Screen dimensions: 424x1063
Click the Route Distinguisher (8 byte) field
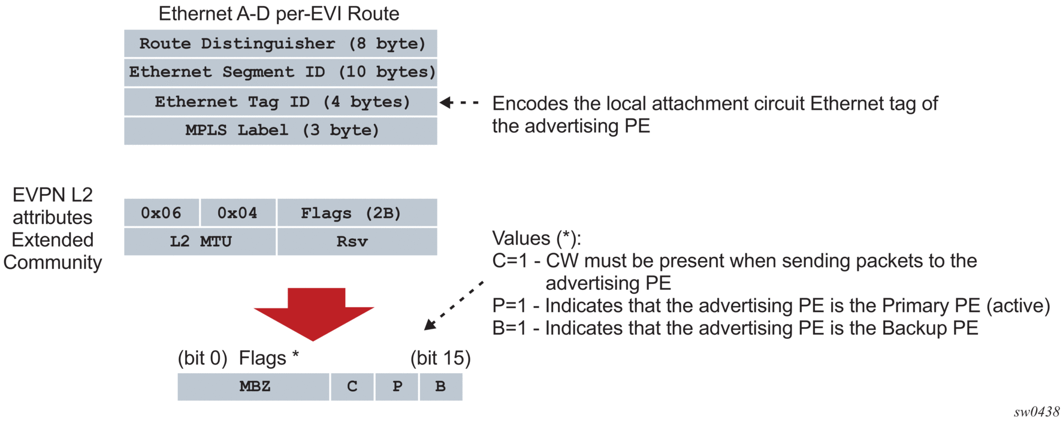[280, 44]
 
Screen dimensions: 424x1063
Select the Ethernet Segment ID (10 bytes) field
[280, 72]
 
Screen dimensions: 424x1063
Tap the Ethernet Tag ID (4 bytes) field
[280, 102]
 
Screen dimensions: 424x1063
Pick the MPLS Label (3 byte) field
[280, 131]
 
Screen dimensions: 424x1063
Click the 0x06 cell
[161, 213]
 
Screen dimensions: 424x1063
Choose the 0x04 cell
[237, 213]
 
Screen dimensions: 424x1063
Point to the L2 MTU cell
[200, 242]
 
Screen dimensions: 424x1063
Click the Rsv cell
[357, 242]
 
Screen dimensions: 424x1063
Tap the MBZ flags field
[253, 387]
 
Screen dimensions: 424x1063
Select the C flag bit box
[352, 387]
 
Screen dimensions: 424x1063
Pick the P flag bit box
[397, 387]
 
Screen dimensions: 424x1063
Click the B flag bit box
[440, 387]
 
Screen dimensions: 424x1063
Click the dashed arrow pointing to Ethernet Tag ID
[459, 103]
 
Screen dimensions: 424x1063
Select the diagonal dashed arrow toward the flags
[454, 305]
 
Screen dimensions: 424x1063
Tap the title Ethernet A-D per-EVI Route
[279, 14]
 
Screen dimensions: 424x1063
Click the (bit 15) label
[440, 358]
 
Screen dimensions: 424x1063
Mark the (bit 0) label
[203, 358]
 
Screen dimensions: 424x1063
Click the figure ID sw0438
[1037, 412]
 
